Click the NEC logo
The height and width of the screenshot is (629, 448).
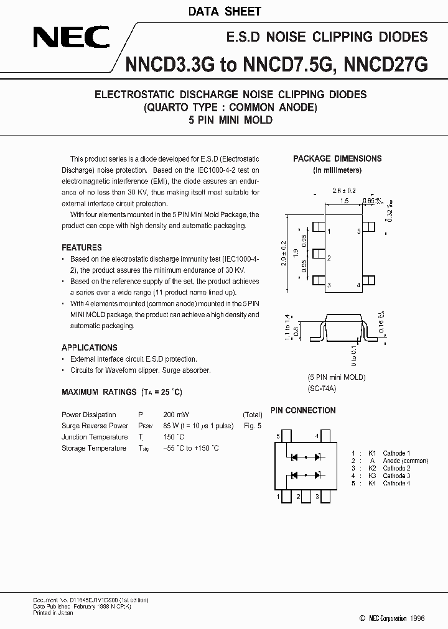pyautogui.click(x=71, y=39)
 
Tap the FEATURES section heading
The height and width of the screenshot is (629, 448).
pyautogui.click(x=82, y=247)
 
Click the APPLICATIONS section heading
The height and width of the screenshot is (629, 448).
pyautogui.click(x=89, y=347)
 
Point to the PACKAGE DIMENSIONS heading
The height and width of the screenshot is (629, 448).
pyautogui.click(x=337, y=158)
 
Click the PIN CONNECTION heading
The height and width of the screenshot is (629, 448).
pyautogui.click(x=303, y=410)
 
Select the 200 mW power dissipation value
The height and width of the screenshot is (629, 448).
pyautogui.click(x=176, y=415)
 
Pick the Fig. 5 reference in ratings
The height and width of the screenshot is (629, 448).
pyautogui.click(x=252, y=426)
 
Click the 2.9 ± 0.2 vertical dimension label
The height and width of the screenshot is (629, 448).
pyautogui.click(x=284, y=254)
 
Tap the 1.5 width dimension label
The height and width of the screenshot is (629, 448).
pyautogui.click(x=344, y=201)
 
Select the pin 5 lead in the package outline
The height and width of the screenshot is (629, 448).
pyautogui.click(x=368, y=231)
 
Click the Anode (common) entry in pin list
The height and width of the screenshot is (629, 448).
pyautogui.click(x=405, y=461)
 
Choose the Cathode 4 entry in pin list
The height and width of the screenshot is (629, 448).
pyautogui.click(x=396, y=483)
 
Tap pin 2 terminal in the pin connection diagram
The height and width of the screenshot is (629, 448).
pyautogui.click(x=299, y=497)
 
